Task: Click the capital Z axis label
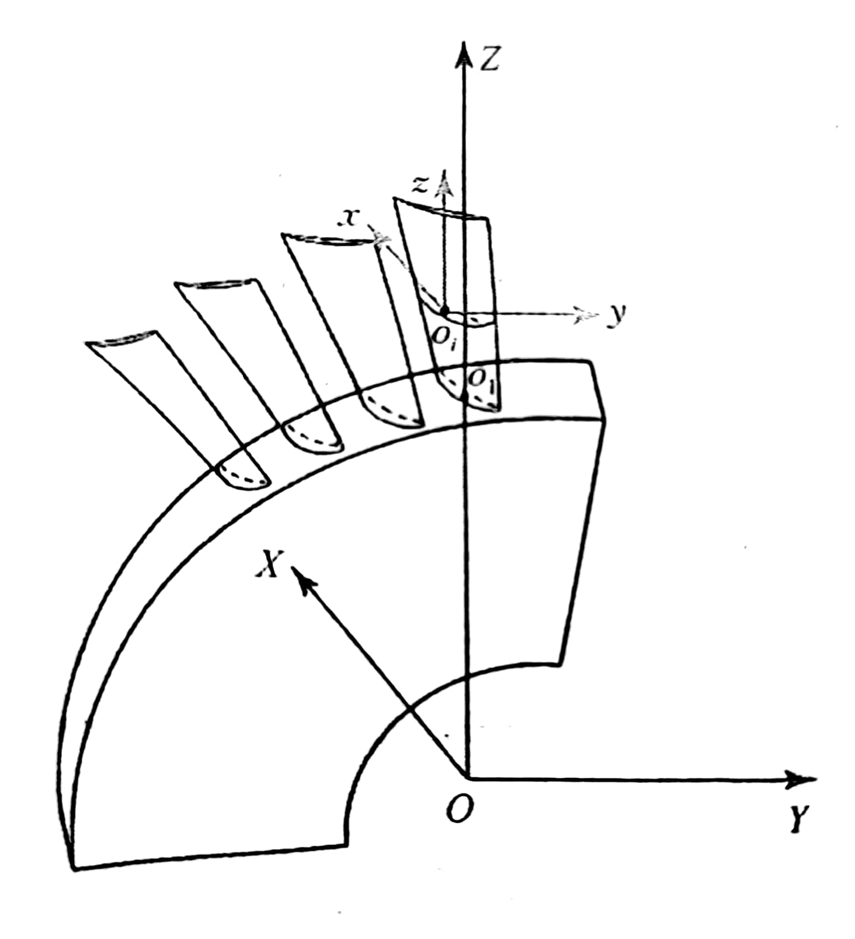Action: point(489,58)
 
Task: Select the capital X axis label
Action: point(267,565)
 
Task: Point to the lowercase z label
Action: point(420,184)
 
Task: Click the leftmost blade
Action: point(175,403)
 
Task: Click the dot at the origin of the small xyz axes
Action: point(445,309)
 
